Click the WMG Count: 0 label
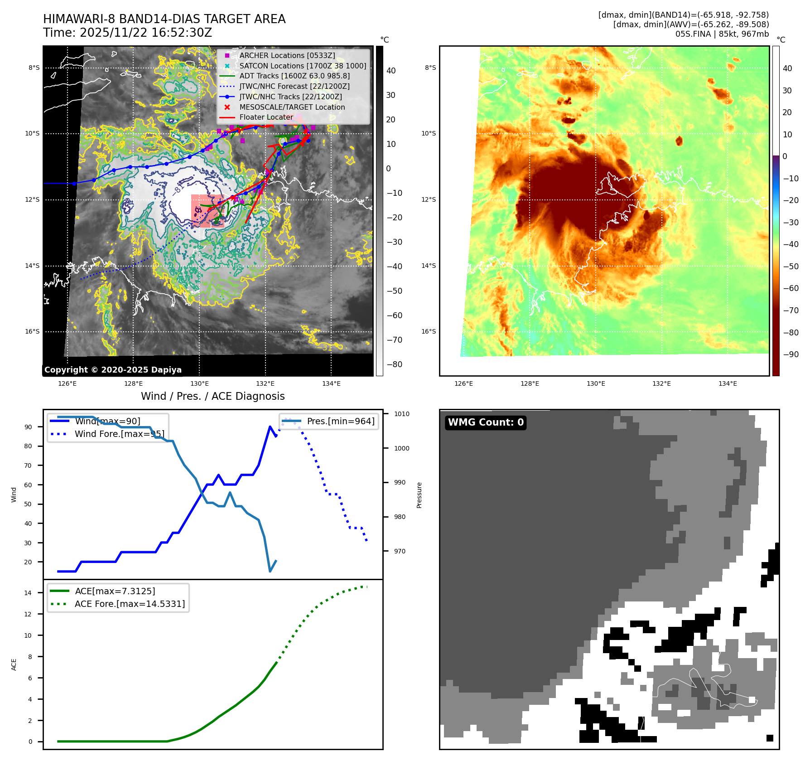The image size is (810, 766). tap(486, 422)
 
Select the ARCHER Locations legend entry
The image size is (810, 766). tap(287, 55)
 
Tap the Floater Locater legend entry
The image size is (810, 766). tap(266, 117)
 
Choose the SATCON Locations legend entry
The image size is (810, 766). tap(303, 66)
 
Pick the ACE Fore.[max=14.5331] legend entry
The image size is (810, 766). tap(130, 604)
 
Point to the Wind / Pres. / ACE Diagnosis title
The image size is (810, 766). tap(213, 396)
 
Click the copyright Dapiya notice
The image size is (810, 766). tap(113, 370)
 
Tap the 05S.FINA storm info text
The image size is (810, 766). tap(722, 34)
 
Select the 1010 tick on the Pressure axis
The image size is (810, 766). tap(401, 414)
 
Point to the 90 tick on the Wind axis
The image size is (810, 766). tap(29, 427)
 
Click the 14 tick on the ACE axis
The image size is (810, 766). tap(28, 593)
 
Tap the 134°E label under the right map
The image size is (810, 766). tap(728, 384)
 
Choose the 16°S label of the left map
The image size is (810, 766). tap(32, 331)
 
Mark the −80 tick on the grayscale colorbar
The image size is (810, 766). tap(394, 364)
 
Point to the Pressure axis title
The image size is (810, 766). tap(419, 495)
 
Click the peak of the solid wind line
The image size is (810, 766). tap(270, 427)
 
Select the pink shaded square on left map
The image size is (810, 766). tap(207, 211)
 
